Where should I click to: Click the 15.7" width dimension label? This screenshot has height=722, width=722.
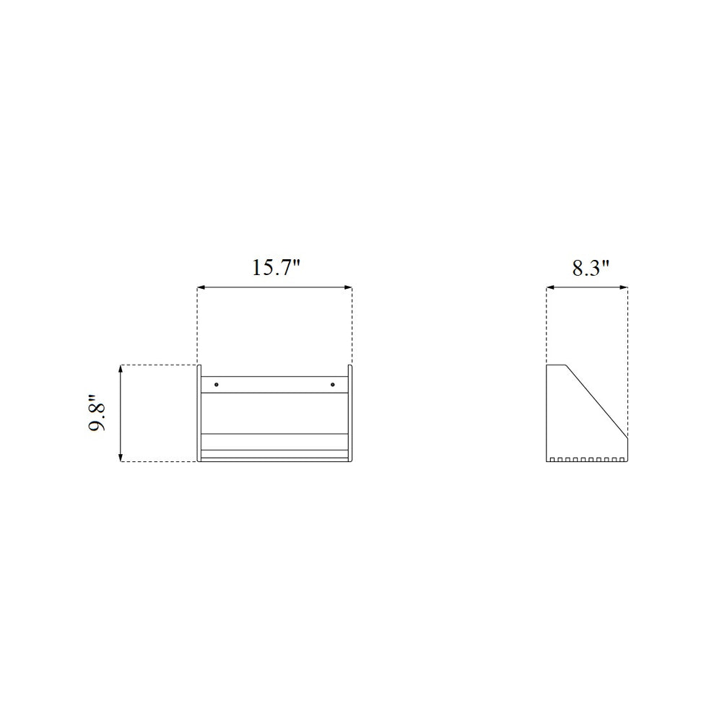click(277, 268)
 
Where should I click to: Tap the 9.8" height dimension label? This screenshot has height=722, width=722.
click(97, 412)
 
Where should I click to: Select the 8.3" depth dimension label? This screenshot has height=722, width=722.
click(591, 268)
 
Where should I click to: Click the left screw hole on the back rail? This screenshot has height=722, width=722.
click(217, 384)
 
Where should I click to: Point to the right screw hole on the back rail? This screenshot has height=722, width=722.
click(332, 384)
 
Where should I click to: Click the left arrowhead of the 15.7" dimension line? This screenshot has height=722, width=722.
click(201, 288)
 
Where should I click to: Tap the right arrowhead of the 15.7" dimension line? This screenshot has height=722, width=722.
click(348, 288)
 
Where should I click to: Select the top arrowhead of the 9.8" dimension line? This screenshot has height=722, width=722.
click(121, 369)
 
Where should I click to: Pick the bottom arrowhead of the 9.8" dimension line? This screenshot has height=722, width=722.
click(121, 457)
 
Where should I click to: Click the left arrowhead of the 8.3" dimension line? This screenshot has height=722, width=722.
click(550, 288)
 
